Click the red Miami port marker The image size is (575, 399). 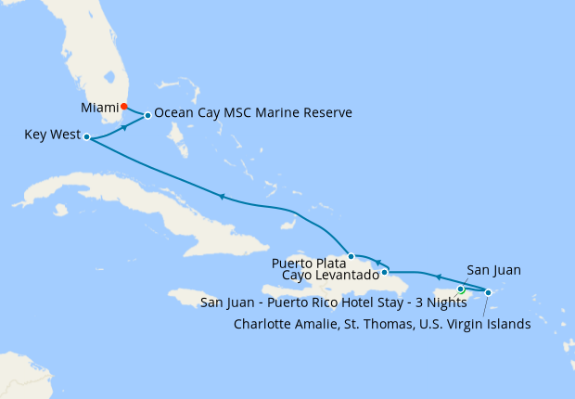coord(124,106)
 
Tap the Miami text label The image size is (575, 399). coord(99,108)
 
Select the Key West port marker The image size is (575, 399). coord(86,137)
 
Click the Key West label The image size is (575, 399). coord(51,135)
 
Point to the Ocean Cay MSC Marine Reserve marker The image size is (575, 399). coord(147,116)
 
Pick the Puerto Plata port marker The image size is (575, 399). coord(351,256)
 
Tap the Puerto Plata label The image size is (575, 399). coord(308,263)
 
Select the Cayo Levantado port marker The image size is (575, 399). coord(384,272)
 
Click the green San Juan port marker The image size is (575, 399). coord(461,290)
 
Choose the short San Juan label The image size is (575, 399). coord(493,270)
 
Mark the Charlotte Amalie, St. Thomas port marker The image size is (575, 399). coord(489,292)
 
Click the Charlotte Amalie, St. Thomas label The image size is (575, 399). coord(382,324)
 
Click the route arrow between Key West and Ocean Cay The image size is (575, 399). coord(123,128)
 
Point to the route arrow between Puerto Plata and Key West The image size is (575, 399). coord(221,196)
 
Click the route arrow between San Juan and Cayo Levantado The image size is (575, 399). coord(438,276)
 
